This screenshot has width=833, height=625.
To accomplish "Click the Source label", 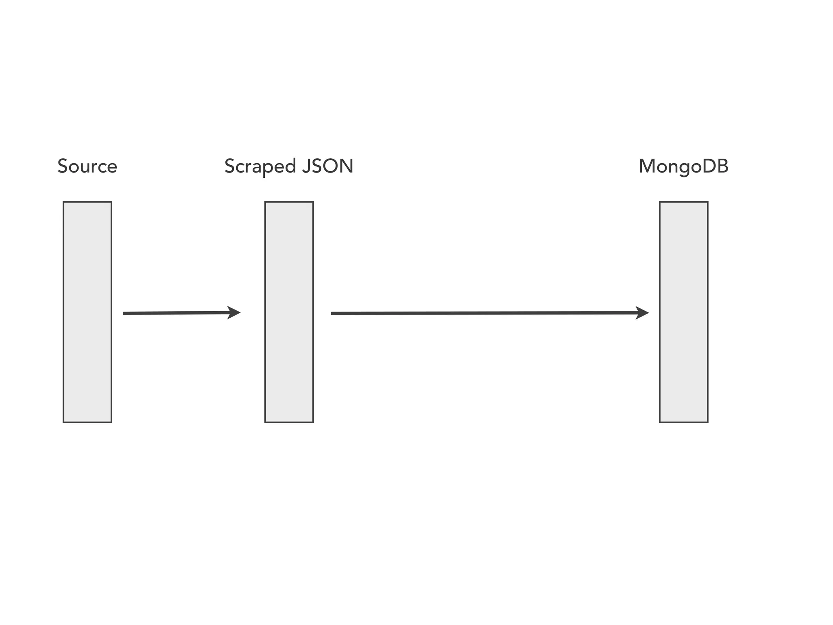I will [x=87, y=166].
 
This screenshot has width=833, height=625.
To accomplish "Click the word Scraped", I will [x=260, y=166].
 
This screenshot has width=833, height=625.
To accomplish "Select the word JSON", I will [x=328, y=166].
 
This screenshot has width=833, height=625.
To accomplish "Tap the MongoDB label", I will [x=683, y=166].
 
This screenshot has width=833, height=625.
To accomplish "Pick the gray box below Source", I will [x=87, y=312].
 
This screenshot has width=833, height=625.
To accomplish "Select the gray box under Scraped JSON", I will [x=289, y=312].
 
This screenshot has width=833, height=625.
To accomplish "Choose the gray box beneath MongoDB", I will [x=684, y=312].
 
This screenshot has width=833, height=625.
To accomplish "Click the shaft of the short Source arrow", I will [x=175, y=313].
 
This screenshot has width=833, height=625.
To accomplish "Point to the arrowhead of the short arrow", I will [x=235, y=312].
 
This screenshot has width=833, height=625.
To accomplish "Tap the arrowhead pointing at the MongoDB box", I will [x=643, y=312].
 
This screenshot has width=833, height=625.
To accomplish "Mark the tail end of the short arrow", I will [x=124, y=313].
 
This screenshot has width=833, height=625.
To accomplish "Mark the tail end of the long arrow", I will [x=332, y=313].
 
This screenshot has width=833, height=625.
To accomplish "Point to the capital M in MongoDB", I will [x=647, y=166].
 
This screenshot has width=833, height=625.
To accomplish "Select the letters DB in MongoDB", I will [x=715, y=166].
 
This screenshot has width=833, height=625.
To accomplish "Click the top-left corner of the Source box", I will [x=63, y=202].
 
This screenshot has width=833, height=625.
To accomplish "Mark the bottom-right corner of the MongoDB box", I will [x=708, y=422].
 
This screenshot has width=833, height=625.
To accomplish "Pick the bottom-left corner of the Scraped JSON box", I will [x=265, y=422].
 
